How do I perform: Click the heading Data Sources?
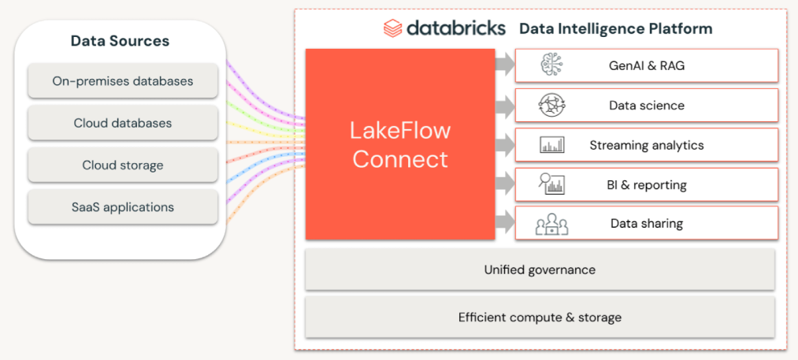120,41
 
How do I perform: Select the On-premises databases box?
123,80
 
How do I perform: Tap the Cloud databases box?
123,123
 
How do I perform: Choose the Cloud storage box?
123,165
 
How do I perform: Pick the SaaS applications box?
123,206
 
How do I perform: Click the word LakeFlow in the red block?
400,131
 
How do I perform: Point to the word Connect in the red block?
400,159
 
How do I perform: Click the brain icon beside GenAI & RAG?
551,65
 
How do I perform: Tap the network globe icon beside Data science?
551,106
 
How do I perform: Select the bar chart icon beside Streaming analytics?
551,145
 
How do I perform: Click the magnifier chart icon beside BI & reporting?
551,184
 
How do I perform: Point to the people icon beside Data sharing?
551,225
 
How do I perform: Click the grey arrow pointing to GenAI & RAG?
505,65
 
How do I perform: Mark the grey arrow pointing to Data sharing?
505,222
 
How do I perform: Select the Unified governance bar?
540,269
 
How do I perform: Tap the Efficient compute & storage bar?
540,317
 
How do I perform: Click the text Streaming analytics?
646,145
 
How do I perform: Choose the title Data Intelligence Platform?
616,28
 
